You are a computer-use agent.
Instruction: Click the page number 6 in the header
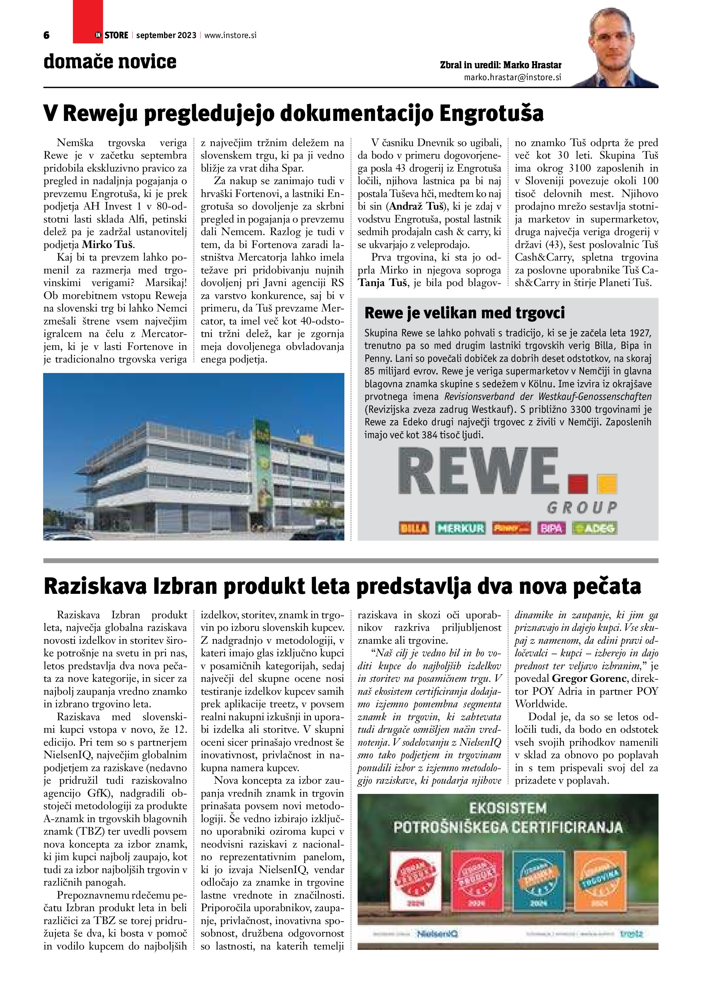coord(46,35)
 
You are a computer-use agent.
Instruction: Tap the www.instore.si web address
coord(230,35)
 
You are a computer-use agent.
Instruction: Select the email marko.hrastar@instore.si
coord(513,77)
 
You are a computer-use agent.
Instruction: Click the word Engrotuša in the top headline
coord(491,114)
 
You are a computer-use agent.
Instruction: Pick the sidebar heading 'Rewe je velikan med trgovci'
coord(465,313)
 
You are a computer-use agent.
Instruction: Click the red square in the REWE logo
coord(578,484)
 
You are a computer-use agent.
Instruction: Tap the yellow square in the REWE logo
coord(607,484)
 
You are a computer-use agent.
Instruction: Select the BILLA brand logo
coord(414,528)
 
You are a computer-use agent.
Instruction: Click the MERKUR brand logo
coord(461,528)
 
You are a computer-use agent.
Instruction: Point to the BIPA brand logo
coord(551,528)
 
